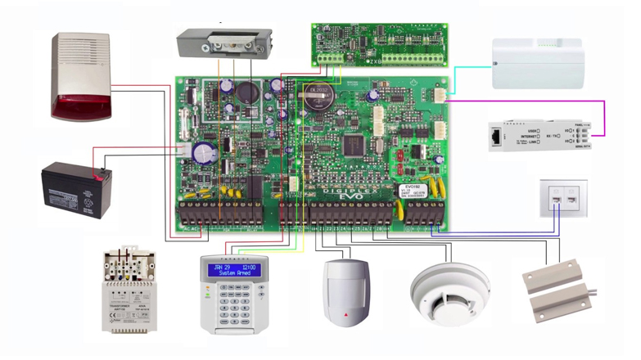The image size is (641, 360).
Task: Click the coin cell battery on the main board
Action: (x=316, y=99)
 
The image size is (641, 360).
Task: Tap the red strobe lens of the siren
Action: (x=81, y=106)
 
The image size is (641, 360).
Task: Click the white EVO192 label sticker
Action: (x=414, y=191)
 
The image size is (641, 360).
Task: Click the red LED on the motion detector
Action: (x=344, y=313)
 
